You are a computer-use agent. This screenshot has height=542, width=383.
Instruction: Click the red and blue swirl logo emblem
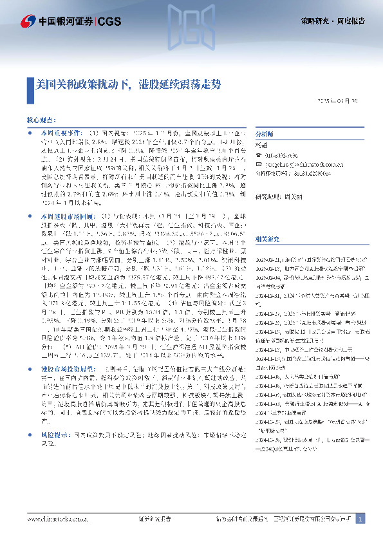pyautogui.click(x=27, y=21)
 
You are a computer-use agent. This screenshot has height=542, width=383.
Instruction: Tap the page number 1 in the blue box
pyautogui.click(x=360, y=518)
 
